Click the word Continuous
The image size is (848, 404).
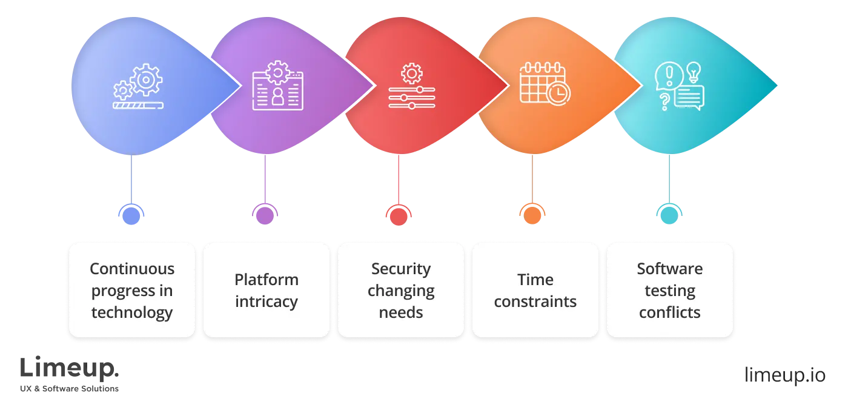coord(132,269)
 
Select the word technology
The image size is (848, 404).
coord(132,312)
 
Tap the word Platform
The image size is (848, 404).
coord(267,280)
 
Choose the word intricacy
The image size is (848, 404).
coord(267,301)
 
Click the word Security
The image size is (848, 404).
coord(401,269)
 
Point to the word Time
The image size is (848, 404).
coord(535,280)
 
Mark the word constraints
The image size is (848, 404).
coord(535,301)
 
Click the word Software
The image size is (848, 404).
coord(670,269)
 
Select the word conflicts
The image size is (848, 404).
coord(670,312)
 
